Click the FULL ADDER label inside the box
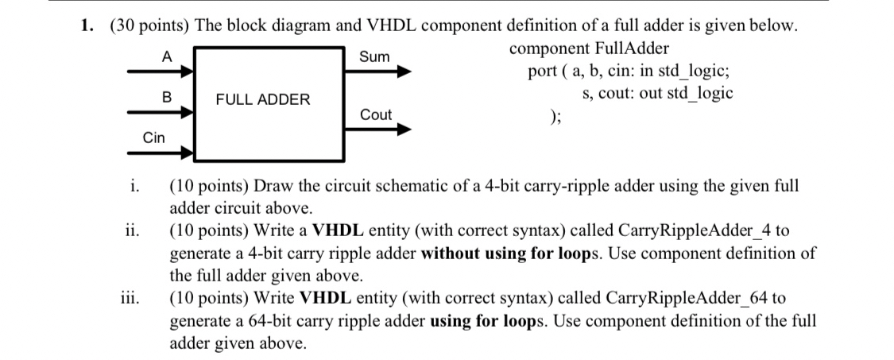(x=263, y=100)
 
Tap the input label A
(x=166, y=56)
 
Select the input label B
(x=166, y=97)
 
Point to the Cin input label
(x=154, y=137)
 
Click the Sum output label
(x=375, y=56)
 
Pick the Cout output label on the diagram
(x=376, y=114)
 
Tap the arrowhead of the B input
(x=188, y=112)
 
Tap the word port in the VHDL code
(x=543, y=72)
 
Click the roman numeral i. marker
(x=135, y=188)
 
